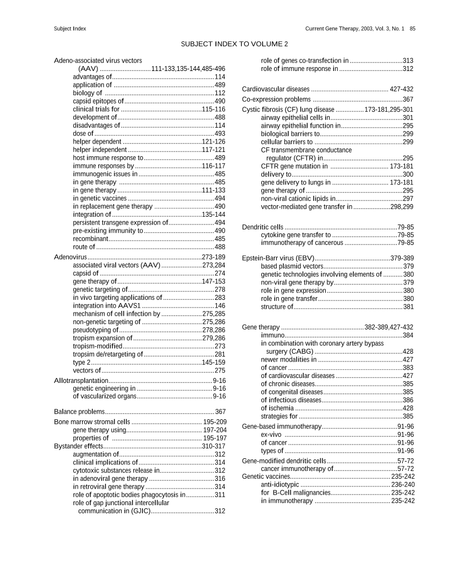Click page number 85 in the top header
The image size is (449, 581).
tap(412, 28)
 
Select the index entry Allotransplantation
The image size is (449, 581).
tap(81, 380)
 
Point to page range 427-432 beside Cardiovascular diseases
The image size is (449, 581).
tap(402, 89)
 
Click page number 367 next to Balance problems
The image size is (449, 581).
tap(220, 412)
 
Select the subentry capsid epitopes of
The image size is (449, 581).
tap(98, 101)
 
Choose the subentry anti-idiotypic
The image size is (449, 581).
tap(280, 485)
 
